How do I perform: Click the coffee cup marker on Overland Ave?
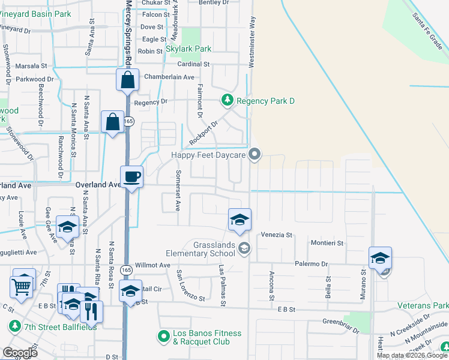pyautogui.click(x=132, y=177)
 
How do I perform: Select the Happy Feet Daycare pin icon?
pyautogui.click(x=255, y=155)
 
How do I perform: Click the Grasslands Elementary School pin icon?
pyautogui.click(x=244, y=248)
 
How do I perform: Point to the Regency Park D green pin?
pyautogui.click(x=228, y=100)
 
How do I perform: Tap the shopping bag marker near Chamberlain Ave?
pyautogui.click(x=128, y=80)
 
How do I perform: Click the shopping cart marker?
pyautogui.click(x=22, y=286)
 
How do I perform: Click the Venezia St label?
pyautogui.click(x=276, y=235)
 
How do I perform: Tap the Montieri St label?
pyautogui.click(x=327, y=243)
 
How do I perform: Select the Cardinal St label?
pyautogui.click(x=193, y=64)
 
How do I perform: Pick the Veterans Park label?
pyautogui.click(x=423, y=305)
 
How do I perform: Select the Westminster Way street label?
pyautogui.click(x=253, y=36)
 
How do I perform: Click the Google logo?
pyautogui.click(x=20, y=353)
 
